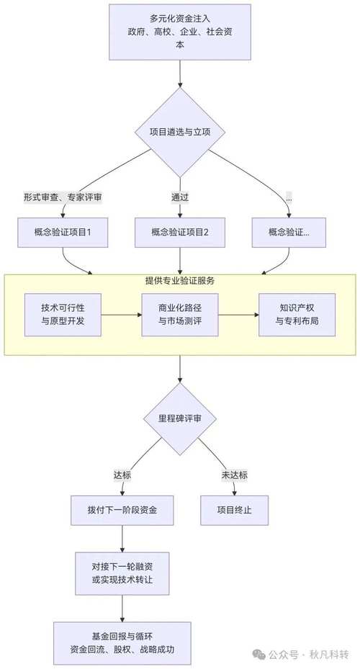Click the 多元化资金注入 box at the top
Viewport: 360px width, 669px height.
click(179, 32)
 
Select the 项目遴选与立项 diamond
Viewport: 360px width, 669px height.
click(179, 132)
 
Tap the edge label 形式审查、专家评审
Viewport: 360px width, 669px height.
click(63, 197)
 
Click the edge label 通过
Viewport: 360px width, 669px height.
click(180, 197)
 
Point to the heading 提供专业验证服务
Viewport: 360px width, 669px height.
click(180, 280)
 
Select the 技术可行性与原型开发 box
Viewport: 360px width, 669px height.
click(63, 314)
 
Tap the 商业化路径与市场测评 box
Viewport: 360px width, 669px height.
click(180, 314)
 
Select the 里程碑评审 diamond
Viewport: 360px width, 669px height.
click(179, 420)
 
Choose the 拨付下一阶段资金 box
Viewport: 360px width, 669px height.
click(123, 510)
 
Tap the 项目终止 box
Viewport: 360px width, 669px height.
click(235, 510)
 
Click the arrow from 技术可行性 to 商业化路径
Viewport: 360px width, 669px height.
click(120, 314)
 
